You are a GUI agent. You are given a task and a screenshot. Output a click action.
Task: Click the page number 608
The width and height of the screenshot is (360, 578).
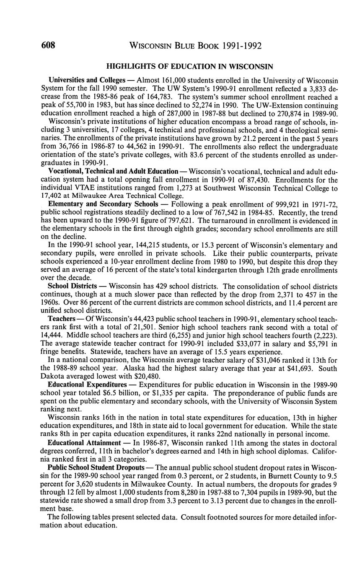(49, 45)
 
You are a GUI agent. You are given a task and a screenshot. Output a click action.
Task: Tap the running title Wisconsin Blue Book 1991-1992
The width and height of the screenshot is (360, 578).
(196, 46)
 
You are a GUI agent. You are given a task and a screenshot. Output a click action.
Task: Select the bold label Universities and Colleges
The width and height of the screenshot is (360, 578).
(87, 80)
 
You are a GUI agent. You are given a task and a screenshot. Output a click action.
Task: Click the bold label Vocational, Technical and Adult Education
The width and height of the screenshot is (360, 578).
(113, 171)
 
